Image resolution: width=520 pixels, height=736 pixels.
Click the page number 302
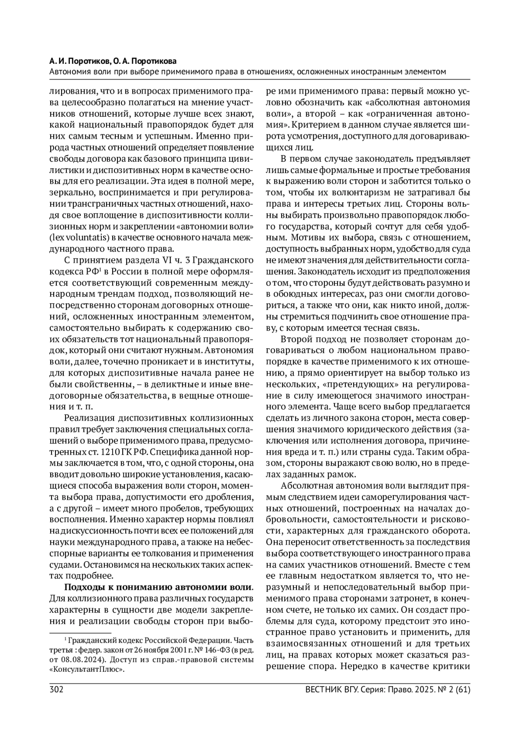point(57,690)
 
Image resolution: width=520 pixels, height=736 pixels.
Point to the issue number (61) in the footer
point(461,690)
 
